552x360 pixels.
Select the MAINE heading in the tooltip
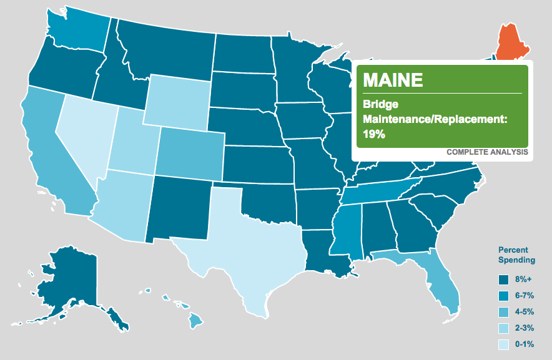393,80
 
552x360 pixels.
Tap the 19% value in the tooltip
373,133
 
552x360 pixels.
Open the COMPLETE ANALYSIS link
487,152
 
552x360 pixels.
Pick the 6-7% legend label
525,296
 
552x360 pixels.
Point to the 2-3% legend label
525,328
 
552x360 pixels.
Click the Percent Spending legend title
516,255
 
